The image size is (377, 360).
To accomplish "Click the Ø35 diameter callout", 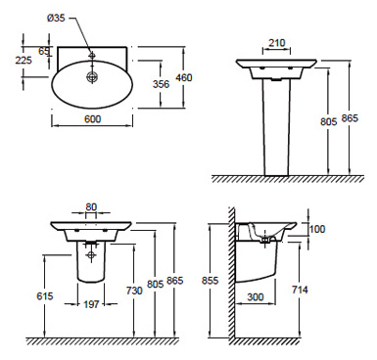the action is [x=56, y=18].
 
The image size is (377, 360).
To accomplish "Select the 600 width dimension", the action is [x=93, y=119].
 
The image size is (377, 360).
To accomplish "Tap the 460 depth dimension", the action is [x=184, y=77].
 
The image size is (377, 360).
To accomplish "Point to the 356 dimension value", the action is [x=162, y=84].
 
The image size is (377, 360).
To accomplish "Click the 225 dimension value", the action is [x=24, y=60].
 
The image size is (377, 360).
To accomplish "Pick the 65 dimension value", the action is [x=44, y=51].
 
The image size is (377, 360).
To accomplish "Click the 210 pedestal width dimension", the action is [x=277, y=43].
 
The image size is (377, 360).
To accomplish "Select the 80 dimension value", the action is [x=91, y=207].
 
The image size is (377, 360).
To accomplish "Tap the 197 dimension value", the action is [x=91, y=304].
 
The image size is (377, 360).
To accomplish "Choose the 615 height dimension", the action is [x=45, y=295].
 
